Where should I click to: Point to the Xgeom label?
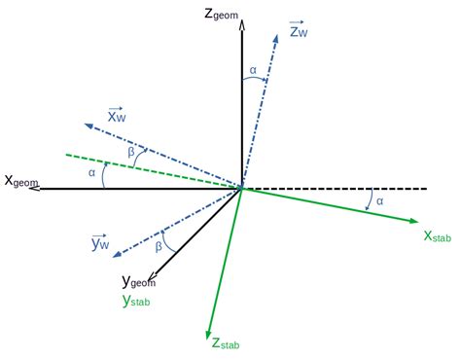point(21,181)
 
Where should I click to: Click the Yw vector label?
point(101,242)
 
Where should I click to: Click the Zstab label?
point(226,342)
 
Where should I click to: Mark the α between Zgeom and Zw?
point(253,70)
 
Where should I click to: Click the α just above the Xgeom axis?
point(91,173)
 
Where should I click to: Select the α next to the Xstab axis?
point(380,201)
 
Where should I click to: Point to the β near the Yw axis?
point(159,247)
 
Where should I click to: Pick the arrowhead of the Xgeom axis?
point(35,188)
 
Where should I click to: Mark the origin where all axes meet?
point(241,188)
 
